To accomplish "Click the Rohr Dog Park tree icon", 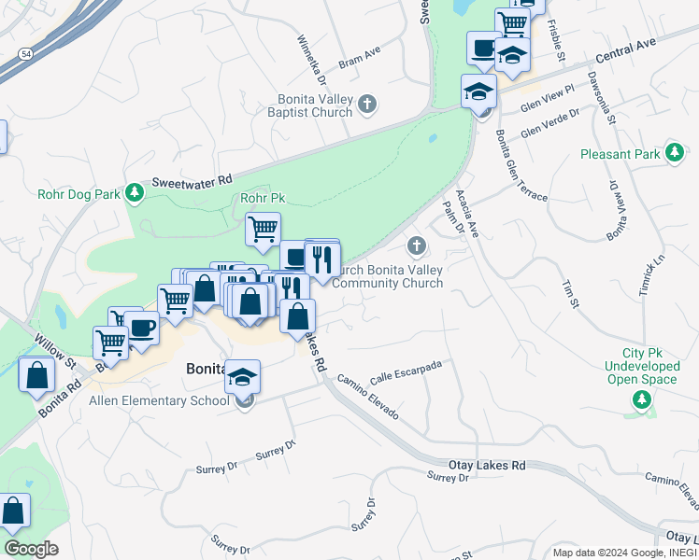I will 136,192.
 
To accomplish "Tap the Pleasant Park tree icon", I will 673,152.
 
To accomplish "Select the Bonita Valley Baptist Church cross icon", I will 367,104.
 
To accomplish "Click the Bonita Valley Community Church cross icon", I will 416,246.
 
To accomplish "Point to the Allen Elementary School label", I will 158,401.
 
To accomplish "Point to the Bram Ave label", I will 360,59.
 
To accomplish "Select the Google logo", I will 31,548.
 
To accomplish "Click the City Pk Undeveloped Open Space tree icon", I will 641,400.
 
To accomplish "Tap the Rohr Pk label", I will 263,198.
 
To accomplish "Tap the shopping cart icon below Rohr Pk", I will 263,228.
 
